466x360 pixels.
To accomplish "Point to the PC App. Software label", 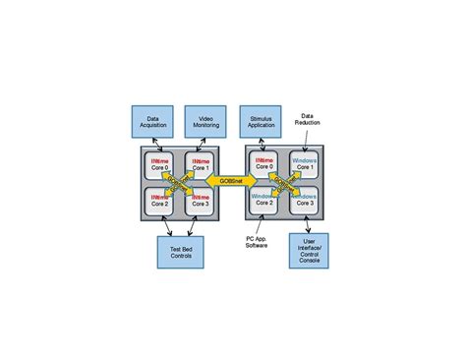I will [259, 241].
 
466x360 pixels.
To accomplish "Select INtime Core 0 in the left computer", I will [158, 164].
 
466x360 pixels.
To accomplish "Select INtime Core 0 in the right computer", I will [263, 163].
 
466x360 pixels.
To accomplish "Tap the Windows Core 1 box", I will [304, 163].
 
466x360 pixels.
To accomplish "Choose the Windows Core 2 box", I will [263, 202].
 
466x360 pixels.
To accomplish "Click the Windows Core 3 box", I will [304, 202].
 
